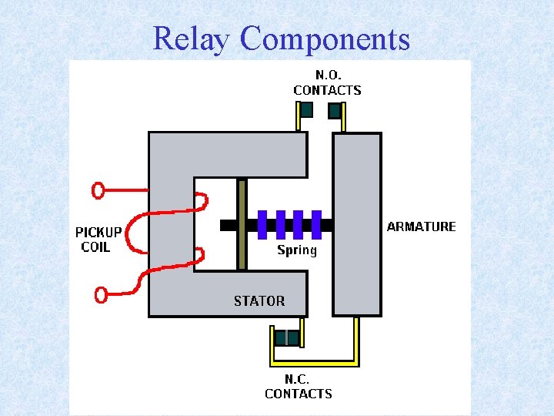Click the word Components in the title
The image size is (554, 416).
[x=325, y=39]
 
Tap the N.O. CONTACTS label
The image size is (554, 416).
[x=327, y=83]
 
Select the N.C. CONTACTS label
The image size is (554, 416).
[x=299, y=387]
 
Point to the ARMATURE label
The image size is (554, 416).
[x=421, y=226]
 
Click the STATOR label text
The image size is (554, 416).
[x=259, y=301]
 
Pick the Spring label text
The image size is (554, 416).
[x=297, y=250]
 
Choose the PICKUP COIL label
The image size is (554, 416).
[x=98, y=240]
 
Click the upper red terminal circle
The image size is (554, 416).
[x=98, y=190]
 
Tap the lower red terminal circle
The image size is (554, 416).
[x=100, y=294]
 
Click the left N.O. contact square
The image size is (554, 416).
[x=306, y=109]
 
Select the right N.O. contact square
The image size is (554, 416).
[x=335, y=110]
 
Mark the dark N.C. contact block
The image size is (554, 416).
[x=287, y=337]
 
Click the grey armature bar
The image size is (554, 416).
[x=357, y=224]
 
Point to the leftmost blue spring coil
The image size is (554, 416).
[x=262, y=224]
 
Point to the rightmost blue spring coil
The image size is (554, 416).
[x=315, y=224]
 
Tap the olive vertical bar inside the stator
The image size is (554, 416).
[x=242, y=224]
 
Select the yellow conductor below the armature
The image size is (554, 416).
[x=356, y=339]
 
